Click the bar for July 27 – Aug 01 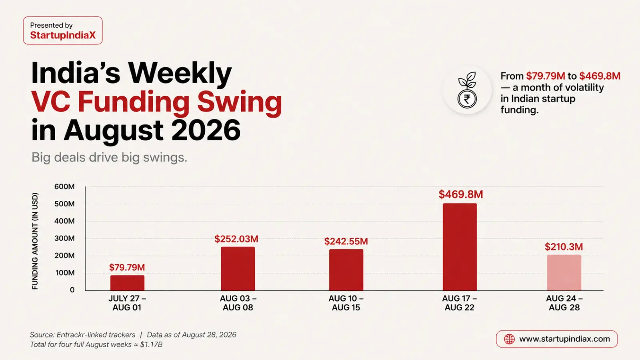pyautogui.click(x=127, y=283)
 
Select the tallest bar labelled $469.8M pyautogui.click(x=460, y=247)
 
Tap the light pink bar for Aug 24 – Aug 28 pyautogui.click(x=564, y=272)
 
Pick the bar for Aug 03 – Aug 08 pyautogui.click(x=238, y=268)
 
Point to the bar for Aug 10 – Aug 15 pyautogui.click(x=346, y=270)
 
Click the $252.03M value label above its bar pyautogui.click(x=236, y=239)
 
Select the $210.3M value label pyautogui.click(x=564, y=246)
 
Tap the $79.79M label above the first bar pyautogui.click(x=127, y=267)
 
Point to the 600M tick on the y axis pyautogui.click(x=64, y=186)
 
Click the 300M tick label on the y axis pyautogui.click(x=64, y=238)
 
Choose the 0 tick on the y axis pyautogui.click(x=72, y=290)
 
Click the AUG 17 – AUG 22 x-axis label pyautogui.click(x=460, y=303)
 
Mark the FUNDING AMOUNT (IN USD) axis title pyautogui.click(x=35, y=241)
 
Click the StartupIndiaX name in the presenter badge pyautogui.click(x=63, y=35)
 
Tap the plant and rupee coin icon pyautogui.click(x=467, y=90)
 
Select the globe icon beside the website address pyautogui.click(x=509, y=339)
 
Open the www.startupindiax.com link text pyautogui.click(x=564, y=339)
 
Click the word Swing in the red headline pyautogui.click(x=240, y=102)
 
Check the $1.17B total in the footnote pyautogui.click(x=152, y=344)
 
